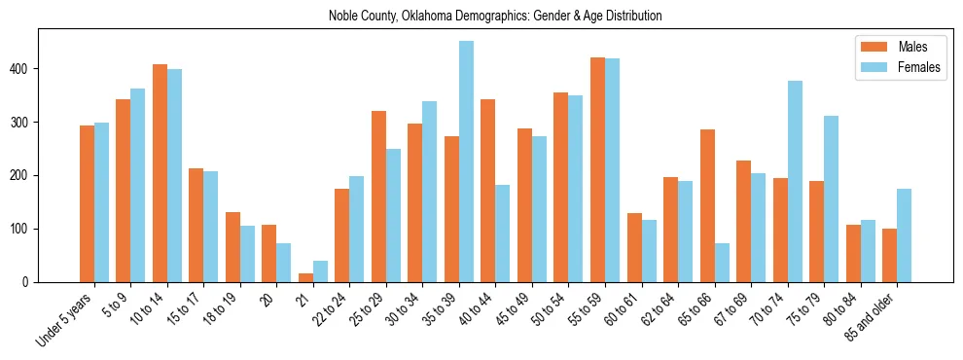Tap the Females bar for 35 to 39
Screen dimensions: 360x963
coord(466,162)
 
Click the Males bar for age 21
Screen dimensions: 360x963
coord(305,277)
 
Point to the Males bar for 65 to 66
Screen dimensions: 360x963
coord(707,205)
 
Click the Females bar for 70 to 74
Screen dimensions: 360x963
coord(795,181)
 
